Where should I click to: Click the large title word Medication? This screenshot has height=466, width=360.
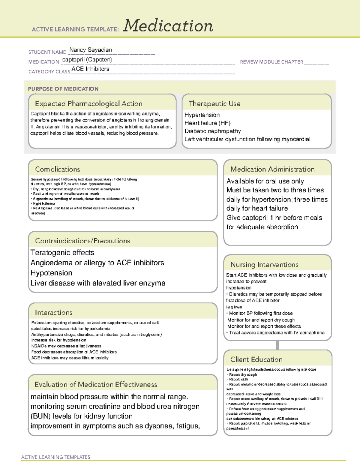point(168,26)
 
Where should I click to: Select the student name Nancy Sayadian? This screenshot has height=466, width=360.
point(91,50)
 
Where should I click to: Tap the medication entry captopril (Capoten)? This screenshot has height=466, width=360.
point(87,60)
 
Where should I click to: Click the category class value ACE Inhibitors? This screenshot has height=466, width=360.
point(90,69)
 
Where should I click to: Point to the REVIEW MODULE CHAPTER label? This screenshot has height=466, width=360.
point(271,62)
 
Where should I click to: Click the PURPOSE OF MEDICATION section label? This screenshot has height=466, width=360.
point(63,89)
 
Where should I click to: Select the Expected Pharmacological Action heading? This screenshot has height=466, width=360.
point(88,104)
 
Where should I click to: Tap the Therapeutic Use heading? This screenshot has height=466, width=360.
point(214,104)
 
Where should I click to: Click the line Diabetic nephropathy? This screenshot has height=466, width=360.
point(213,131)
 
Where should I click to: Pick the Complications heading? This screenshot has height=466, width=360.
point(58,169)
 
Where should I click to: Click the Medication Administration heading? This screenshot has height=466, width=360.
point(272,169)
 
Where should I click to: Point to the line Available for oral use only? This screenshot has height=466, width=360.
point(265,181)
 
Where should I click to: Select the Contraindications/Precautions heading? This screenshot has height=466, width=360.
point(82,241)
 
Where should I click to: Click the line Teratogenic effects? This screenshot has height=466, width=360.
point(62,253)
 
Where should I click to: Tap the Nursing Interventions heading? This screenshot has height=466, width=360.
point(264,265)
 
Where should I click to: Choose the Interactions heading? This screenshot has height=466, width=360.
point(54,313)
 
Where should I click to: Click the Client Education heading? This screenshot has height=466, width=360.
point(256,359)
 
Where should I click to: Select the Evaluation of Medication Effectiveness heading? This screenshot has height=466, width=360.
point(96,384)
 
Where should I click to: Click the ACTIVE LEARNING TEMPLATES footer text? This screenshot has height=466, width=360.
point(56,457)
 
